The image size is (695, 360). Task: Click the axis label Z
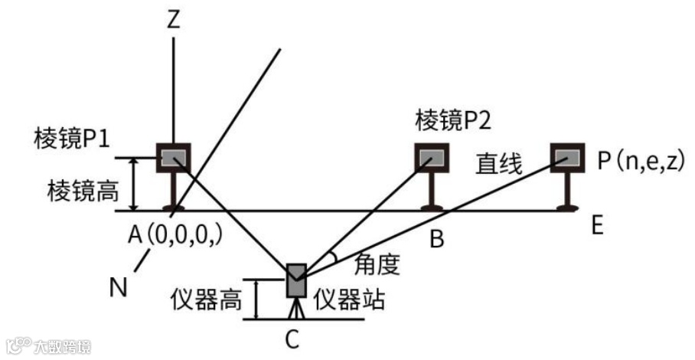174,20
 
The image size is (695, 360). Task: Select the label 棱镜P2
453,119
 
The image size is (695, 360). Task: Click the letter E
597,226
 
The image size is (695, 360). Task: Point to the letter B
436,240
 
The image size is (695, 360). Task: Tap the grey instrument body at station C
296,281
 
